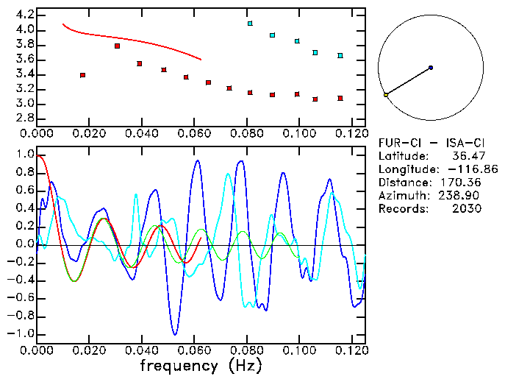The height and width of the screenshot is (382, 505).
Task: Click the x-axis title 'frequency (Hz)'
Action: (201, 365)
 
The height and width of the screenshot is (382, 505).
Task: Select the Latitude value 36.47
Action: (466, 156)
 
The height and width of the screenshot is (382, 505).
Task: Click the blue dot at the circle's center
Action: (431, 68)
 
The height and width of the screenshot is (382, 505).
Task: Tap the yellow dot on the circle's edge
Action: (386, 95)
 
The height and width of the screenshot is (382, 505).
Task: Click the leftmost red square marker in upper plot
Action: (82, 75)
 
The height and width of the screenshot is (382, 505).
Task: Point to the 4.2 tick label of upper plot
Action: (24, 15)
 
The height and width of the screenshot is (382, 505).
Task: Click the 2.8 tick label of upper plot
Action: (24, 119)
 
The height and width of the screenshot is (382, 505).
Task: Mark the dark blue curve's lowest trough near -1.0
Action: (174, 334)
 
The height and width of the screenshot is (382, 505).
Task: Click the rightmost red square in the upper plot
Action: (340, 98)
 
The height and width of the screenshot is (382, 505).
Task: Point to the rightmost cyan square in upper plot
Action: (340, 55)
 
